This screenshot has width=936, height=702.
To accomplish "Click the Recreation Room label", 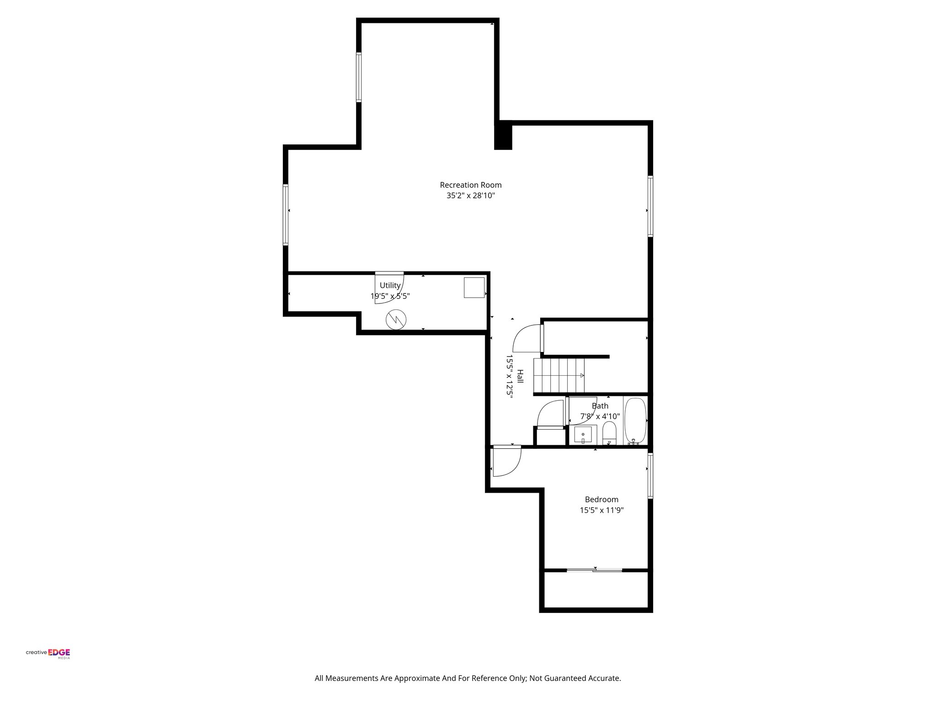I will coord(470,185).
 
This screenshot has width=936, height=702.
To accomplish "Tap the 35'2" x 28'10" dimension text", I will coord(470,196).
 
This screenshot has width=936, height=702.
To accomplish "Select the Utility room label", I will coord(390,285).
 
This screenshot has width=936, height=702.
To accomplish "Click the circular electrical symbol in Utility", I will coord(395,319).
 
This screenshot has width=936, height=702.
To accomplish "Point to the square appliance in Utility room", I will coord(474,287).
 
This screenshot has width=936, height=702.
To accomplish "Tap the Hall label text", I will coord(520,377).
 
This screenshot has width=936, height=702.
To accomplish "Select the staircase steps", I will coord(559,375).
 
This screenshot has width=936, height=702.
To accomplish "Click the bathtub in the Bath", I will coord(635,421).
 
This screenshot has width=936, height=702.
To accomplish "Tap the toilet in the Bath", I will coord(609,433).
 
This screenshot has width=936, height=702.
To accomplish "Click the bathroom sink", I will coord(585,434).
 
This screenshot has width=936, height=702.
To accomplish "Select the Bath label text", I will coord(600,406).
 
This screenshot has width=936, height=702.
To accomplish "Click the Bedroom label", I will coord(601,500).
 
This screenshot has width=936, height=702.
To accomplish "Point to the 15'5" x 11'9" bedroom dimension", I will coord(601,510).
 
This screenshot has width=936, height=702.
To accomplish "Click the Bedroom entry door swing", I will coord(506,462).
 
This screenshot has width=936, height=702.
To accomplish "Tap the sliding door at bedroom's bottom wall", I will coord(594,570).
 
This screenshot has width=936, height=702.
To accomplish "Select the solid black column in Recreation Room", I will coord(504,136).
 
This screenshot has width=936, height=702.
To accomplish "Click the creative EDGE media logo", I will coord(48,653).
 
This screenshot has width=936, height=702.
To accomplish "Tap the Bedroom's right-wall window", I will coord(650,475).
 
